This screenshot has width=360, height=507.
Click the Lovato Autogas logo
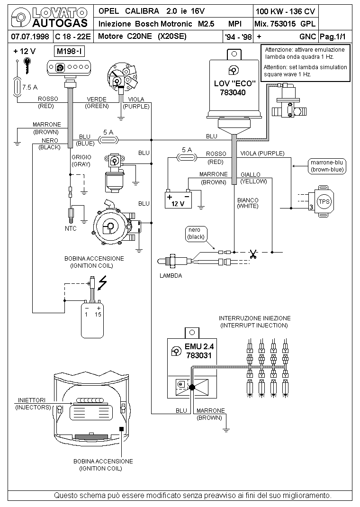(50, 18)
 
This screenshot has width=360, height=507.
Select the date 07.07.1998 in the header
(30, 36)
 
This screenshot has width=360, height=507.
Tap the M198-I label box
(70, 51)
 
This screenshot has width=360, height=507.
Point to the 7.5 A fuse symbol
(17, 87)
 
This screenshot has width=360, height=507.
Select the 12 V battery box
(178, 200)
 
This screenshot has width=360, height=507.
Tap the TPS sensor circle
(324, 201)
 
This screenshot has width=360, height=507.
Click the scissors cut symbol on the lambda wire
(252, 254)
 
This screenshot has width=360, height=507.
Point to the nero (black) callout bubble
(197, 234)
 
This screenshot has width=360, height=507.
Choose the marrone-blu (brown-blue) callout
(327, 166)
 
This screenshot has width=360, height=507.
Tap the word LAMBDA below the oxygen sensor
(171, 276)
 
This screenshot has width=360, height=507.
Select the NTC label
(71, 228)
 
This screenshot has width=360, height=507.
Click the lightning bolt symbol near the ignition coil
(102, 282)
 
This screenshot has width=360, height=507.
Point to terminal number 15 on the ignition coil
(98, 314)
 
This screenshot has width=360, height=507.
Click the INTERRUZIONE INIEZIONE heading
(255, 318)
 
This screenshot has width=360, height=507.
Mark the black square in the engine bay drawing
(122, 429)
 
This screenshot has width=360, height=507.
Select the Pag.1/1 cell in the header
(333, 36)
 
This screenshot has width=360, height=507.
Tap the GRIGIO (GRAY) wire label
(81, 161)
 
